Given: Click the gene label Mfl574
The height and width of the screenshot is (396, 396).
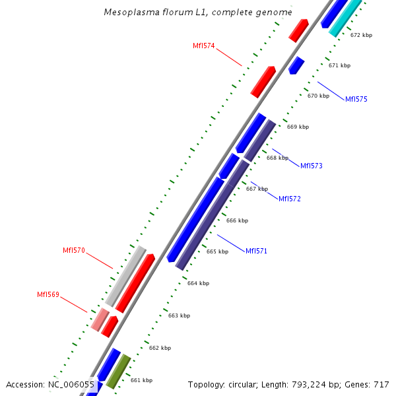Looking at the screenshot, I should pyautogui.click(x=203, y=46).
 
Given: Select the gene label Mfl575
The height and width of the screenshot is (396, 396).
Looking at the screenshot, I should pyautogui.click(x=356, y=99).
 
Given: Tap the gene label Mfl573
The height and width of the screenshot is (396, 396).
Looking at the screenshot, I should pyautogui.click(x=312, y=166).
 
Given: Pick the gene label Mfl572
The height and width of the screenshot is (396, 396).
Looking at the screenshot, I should pyautogui.click(x=290, y=199).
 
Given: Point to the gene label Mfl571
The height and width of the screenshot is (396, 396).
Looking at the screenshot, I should pyautogui.click(x=256, y=251).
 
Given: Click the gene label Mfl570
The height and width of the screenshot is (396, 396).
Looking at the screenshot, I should pyautogui.click(x=74, y=250).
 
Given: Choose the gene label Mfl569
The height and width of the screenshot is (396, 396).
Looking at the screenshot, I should pyautogui.click(x=48, y=294).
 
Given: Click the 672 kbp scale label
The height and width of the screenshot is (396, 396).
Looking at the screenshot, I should pyautogui.click(x=361, y=35).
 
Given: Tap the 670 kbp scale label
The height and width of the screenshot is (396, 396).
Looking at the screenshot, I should pyautogui.click(x=318, y=96).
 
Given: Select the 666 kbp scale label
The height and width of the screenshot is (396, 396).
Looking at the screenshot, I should pyautogui.click(x=237, y=220).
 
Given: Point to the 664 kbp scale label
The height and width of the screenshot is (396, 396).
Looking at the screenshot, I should pyautogui.click(x=198, y=283).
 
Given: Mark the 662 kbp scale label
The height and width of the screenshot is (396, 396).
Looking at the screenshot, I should pyautogui.click(x=160, y=348).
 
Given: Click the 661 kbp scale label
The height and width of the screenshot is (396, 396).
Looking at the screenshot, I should pyautogui.click(x=141, y=380).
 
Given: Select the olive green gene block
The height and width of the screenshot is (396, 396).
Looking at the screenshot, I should pyautogui.click(x=118, y=372).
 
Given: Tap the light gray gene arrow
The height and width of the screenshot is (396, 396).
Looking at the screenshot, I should pyautogui.click(x=125, y=275).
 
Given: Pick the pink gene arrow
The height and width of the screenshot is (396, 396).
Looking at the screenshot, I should pyautogui.click(x=100, y=319).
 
